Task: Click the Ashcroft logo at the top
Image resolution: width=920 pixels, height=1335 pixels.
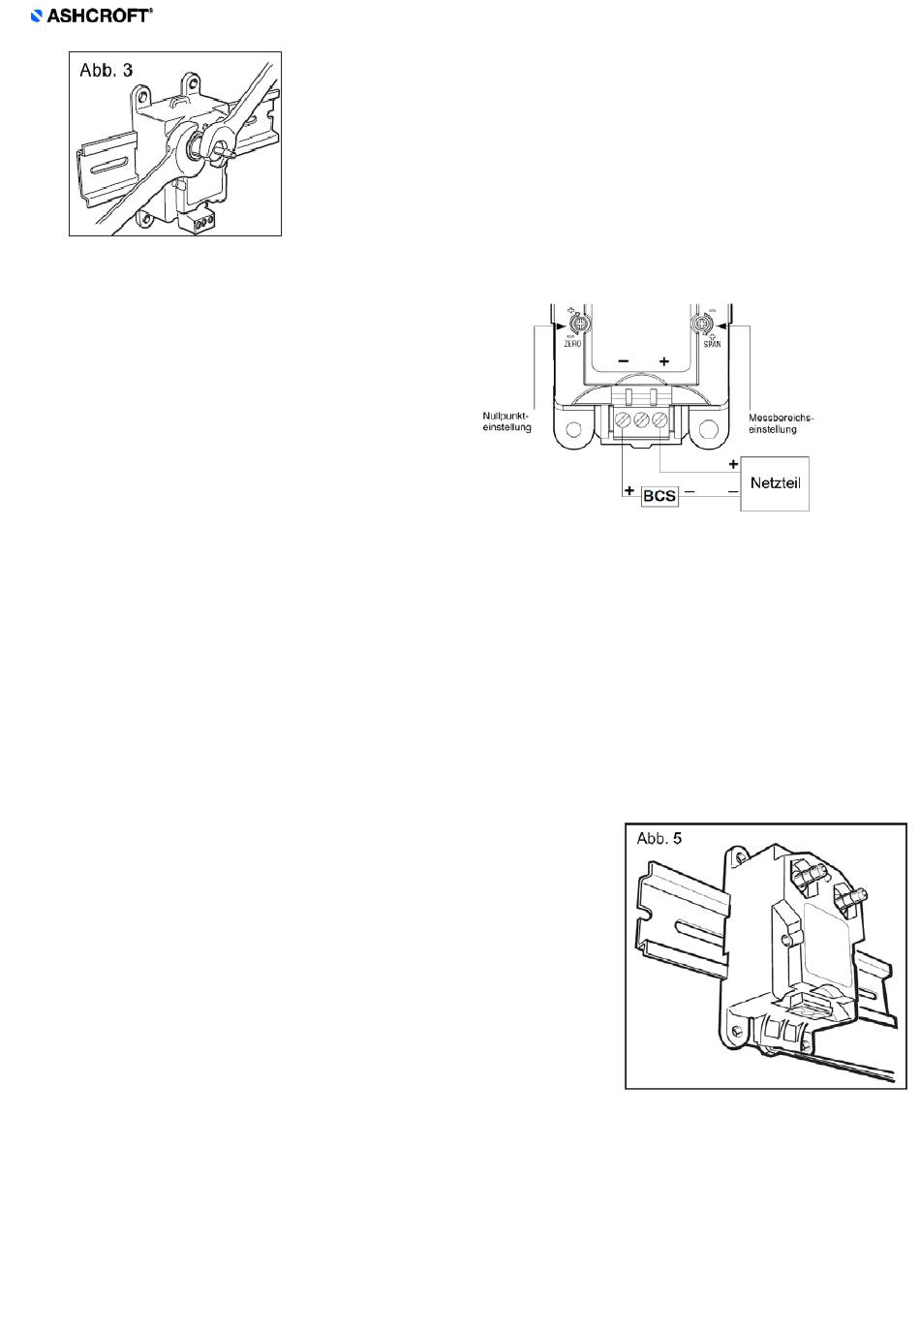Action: click(x=91, y=16)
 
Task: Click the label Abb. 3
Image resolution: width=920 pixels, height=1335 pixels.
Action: click(x=107, y=71)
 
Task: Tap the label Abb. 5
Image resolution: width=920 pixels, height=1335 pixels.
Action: click(x=659, y=839)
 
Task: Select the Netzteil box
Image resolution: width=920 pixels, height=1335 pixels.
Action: click(x=775, y=483)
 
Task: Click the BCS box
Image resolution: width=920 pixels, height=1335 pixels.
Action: click(x=659, y=496)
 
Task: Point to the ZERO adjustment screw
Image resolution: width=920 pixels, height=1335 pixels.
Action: click(x=578, y=326)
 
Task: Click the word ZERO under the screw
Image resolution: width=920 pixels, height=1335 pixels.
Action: click(x=572, y=344)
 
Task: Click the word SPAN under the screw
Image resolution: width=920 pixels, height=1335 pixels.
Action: click(x=712, y=344)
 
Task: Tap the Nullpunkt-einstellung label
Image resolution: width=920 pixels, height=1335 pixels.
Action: click(x=506, y=421)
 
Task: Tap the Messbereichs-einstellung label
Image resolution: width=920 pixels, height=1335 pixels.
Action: click(x=781, y=423)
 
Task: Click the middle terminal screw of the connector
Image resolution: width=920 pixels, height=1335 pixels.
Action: click(x=641, y=420)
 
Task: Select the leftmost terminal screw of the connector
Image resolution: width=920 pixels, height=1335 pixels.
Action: click(x=623, y=420)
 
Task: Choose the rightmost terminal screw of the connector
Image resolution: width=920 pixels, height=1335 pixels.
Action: click(x=659, y=420)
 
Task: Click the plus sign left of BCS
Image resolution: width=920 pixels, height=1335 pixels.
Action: click(x=629, y=491)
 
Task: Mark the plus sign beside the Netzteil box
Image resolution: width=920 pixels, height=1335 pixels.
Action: click(x=733, y=464)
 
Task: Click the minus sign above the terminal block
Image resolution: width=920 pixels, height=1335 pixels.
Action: click(x=624, y=360)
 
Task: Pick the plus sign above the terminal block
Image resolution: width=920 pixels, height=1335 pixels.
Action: click(x=664, y=361)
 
